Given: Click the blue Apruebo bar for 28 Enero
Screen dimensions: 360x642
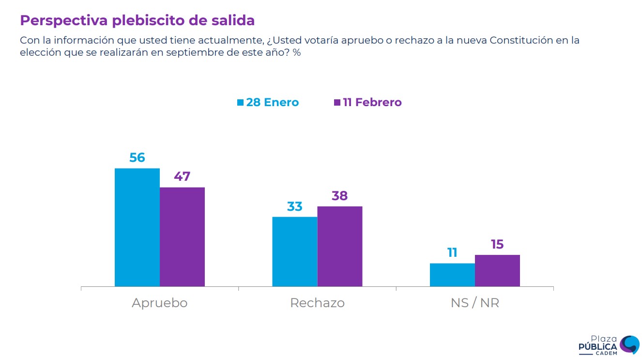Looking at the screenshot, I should coord(137,227).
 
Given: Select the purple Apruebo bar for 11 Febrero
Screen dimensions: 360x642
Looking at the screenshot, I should coord(182,237).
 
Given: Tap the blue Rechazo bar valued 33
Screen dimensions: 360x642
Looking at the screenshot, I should coord(294,251).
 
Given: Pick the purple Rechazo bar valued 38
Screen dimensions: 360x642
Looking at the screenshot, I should coord(339,246).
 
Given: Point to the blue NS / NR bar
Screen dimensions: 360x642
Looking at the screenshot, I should coord(452,275).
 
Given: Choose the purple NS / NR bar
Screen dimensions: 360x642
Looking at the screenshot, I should coord(497,270).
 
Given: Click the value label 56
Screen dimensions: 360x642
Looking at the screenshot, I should coord(137,157).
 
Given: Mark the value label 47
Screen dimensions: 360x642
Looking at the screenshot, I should coord(182,176).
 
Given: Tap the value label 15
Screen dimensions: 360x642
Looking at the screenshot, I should coord(497,244).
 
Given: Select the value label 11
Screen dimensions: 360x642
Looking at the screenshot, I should coord(452,252).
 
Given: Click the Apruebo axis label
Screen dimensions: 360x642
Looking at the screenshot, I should coord(159,303).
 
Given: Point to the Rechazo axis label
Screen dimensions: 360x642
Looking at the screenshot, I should coord(317,303).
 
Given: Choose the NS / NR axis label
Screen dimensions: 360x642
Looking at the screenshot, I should coord(474,303).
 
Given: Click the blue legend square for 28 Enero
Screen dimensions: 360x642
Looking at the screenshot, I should coord(240,103).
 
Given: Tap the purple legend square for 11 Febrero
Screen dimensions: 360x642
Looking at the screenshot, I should coord(337,103).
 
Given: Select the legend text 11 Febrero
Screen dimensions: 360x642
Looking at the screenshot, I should coord(372,103).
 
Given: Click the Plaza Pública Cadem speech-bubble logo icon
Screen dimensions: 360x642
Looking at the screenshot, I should coord(629,344).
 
